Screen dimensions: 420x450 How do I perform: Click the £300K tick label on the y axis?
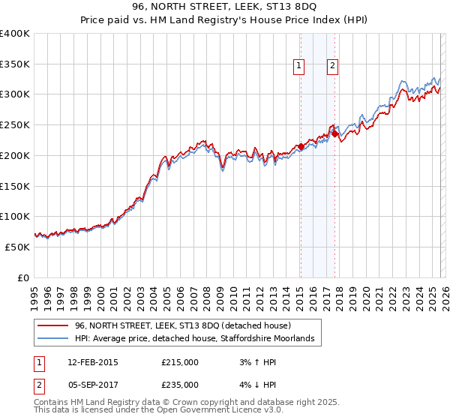click(x=15, y=94)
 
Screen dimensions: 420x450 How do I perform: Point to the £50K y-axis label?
click(x=17, y=247)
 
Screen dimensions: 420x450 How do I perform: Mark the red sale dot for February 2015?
click(x=301, y=146)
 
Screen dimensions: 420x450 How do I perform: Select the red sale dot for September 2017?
click(x=334, y=134)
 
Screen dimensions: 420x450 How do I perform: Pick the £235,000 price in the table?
click(x=180, y=384)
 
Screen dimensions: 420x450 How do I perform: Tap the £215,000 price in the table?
click(x=180, y=361)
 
